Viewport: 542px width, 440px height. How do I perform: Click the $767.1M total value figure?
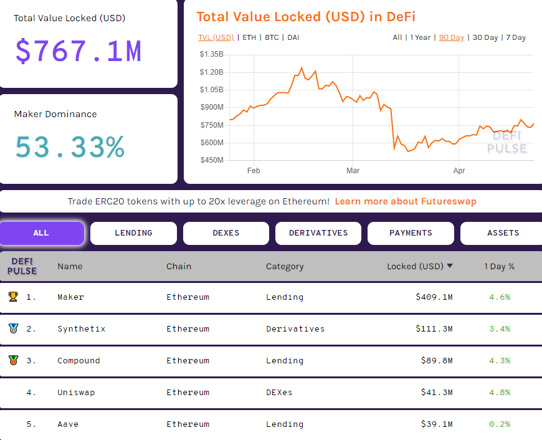click(78, 51)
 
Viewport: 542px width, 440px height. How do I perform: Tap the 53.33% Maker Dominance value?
click(70, 147)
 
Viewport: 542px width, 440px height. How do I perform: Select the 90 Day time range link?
click(452, 37)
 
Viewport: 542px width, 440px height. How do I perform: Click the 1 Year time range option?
click(420, 37)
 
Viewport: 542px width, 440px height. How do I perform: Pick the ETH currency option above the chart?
click(249, 37)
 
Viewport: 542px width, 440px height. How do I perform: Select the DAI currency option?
click(293, 37)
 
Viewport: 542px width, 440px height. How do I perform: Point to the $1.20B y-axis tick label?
click(211, 72)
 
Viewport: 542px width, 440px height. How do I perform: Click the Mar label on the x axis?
click(353, 170)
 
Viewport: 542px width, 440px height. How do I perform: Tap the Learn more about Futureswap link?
click(406, 201)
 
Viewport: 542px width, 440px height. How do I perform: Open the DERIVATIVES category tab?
click(318, 233)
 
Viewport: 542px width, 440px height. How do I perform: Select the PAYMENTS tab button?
click(411, 233)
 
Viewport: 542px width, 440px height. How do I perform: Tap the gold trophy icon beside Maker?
click(13, 297)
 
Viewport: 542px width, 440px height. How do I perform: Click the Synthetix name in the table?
click(81, 328)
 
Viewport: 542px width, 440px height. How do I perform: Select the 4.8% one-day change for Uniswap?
click(500, 392)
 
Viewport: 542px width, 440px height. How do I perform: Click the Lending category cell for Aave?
click(285, 424)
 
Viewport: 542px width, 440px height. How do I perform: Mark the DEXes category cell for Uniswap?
click(279, 392)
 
